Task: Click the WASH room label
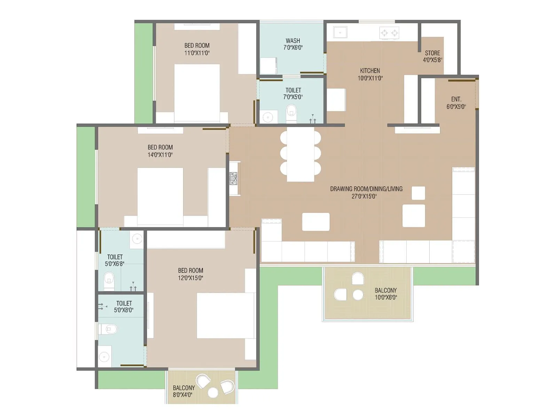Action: [293, 41]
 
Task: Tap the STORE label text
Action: [432, 53]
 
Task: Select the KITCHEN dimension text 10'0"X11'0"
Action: [370, 78]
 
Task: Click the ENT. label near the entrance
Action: [456, 99]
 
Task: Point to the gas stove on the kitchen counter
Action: [389, 33]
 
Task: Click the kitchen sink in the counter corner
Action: [340, 32]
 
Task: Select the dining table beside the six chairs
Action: [300, 154]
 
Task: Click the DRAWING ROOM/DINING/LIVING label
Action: [366, 189]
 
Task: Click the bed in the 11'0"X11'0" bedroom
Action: [197, 92]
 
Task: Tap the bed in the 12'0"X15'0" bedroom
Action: [225, 315]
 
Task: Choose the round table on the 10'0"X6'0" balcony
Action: [358, 295]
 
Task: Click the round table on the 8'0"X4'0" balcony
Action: [213, 393]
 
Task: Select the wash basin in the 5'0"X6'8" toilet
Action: [137, 239]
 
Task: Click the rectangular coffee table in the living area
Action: [316, 222]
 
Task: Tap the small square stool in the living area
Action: [418, 193]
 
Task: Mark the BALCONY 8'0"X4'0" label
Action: [183, 388]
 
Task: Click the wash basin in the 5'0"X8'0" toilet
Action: [104, 357]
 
